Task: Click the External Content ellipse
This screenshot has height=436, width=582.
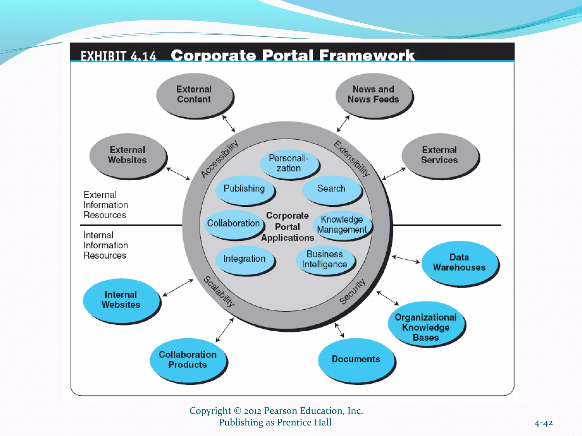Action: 194,95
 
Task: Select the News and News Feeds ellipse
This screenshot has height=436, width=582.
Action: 373,95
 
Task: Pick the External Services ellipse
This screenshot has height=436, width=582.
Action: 439,155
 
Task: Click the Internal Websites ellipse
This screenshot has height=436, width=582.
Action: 121,300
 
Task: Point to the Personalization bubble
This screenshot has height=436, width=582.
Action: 289,163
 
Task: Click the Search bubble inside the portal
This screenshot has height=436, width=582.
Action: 331,189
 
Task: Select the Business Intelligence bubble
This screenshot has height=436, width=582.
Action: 325,259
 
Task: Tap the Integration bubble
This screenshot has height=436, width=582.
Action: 244,259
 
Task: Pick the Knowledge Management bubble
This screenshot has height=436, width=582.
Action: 342,225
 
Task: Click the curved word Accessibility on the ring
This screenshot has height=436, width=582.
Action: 219,159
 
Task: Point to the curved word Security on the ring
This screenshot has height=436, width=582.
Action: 352,292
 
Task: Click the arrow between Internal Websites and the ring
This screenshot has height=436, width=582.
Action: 178,288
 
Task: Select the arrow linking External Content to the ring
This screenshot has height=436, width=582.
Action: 229,124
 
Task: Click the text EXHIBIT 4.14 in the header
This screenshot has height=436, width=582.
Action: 119,56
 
